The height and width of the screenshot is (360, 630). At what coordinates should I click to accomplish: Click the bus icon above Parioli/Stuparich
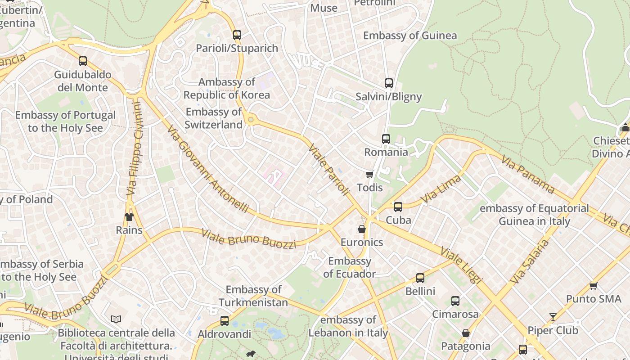[237, 35]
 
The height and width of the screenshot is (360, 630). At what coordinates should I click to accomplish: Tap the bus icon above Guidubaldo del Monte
[82, 61]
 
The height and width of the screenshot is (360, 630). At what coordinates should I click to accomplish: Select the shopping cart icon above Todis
[369, 174]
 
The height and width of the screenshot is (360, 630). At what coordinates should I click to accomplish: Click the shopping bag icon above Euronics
[361, 229]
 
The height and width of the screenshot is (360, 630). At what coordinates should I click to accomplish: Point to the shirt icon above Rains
[129, 217]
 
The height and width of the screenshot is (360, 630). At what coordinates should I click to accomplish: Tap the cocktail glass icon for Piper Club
[553, 317]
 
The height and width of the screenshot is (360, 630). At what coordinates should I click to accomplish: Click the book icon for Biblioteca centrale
[116, 319]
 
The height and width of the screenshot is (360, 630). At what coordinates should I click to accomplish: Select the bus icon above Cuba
[398, 207]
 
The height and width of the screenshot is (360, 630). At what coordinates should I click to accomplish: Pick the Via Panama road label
[527, 175]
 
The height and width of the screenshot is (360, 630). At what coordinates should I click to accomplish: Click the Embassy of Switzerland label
[214, 118]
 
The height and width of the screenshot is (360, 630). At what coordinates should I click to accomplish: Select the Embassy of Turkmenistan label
[253, 296]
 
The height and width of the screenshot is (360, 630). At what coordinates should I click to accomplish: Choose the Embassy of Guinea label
[410, 36]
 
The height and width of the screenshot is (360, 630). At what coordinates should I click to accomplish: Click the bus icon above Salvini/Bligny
[388, 83]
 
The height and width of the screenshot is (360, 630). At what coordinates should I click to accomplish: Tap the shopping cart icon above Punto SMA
[593, 286]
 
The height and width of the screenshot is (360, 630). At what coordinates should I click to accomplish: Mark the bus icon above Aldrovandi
[224, 321]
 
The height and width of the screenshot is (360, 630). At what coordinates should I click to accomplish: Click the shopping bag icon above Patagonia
[466, 333]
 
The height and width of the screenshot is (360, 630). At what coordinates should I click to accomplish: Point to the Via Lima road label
[441, 189]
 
